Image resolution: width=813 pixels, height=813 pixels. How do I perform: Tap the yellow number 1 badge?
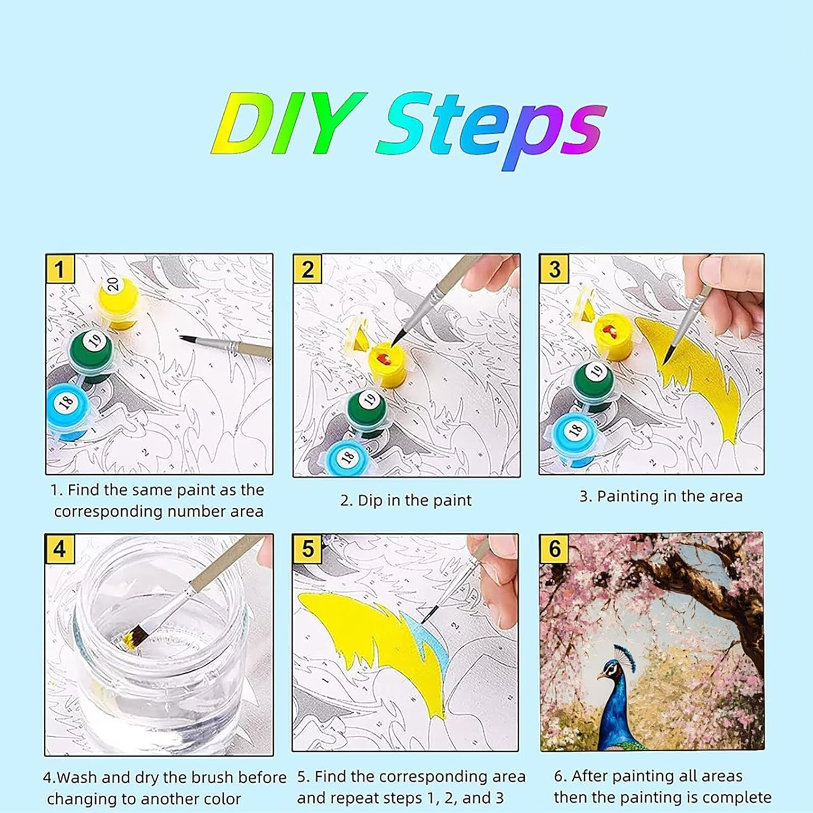click(x=60, y=269)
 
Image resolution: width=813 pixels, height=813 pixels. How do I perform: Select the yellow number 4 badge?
click(x=60, y=549)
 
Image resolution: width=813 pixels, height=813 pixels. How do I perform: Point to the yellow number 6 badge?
click(x=554, y=549)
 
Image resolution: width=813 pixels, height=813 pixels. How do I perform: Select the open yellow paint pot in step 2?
click(x=388, y=363)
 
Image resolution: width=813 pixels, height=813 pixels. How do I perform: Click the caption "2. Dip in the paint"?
click(x=406, y=500)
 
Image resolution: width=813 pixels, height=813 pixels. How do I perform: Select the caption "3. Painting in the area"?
click(x=661, y=496)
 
